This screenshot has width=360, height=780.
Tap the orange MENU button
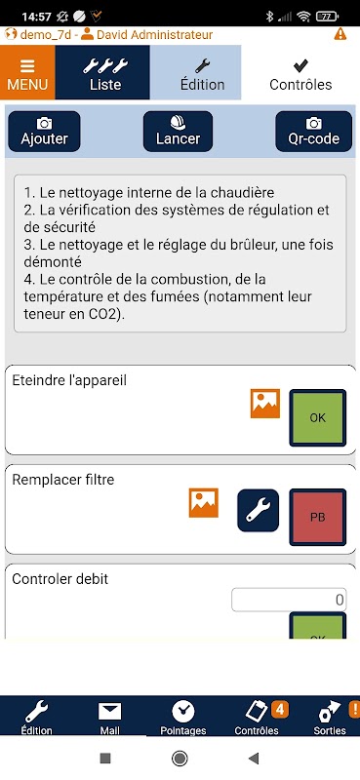pyautogui.click(x=27, y=72)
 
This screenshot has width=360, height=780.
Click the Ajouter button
pyautogui.click(x=44, y=132)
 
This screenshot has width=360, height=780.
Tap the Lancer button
pyautogui.click(x=179, y=132)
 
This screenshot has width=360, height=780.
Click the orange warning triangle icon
pyautogui.click(x=340, y=34)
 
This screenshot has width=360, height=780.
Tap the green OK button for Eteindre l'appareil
pyautogui.click(x=318, y=417)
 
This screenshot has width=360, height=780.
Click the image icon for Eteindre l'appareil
pyautogui.click(x=265, y=404)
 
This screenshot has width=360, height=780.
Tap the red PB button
pyautogui.click(x=318, y=517)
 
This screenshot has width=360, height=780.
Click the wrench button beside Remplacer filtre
pyautogui.click(x=258, y=510)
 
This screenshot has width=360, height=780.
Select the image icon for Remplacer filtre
pyautogui.click(x=204, y=503)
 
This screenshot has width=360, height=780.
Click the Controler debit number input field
pyautogui.click(x=290, y=600)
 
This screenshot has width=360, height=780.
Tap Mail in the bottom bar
pyautogui.click(x=109, y=719)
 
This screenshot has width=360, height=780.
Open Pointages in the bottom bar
pyautogui.click(x=183, y=719)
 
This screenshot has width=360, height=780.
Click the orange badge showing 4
pyautogui.click(x=279, y=710)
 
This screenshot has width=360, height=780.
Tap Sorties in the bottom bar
pyautogui.click(x=330, y=719)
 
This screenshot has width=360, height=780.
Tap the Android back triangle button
pyautogui.click(x=254, y=759)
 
